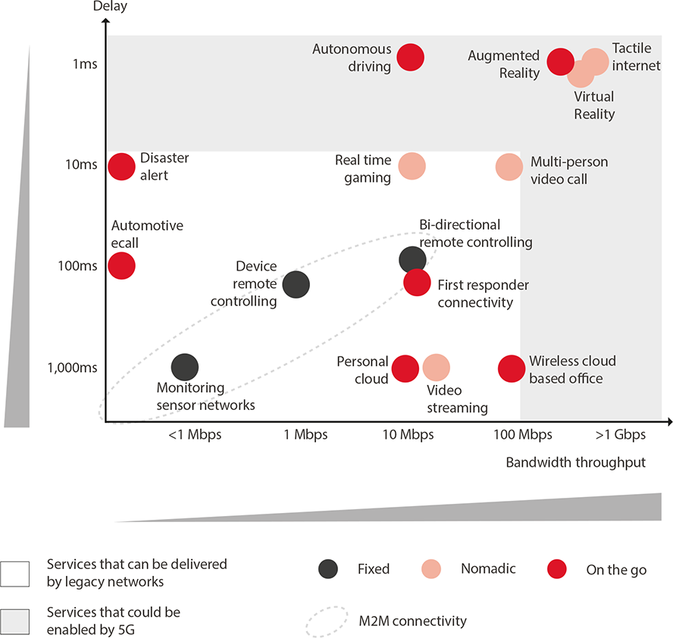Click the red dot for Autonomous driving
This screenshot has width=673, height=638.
pos(410,57)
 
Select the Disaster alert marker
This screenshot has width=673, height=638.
pos(121,166)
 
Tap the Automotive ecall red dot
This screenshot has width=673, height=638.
pos(121,265)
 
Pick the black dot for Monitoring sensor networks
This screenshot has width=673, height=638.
pos(185,367)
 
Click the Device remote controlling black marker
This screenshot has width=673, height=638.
pos(296,284)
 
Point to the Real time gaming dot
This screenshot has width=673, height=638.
pos(412,166)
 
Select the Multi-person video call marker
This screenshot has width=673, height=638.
pos(509,167)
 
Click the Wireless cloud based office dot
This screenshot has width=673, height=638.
pos(512,368)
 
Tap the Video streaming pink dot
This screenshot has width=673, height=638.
pos(436,367)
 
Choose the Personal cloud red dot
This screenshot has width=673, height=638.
pos(405,368)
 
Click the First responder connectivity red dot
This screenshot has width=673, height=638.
pos(418,282)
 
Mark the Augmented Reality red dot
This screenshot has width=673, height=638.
pos(560,61)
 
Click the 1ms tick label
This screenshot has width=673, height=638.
pos(85,64)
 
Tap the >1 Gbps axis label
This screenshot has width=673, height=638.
pos(620,435)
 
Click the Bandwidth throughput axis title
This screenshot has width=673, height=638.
pos(575,462)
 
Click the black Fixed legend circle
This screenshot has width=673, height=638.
pos(328,569)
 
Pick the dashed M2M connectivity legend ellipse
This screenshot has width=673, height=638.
pos(327,621)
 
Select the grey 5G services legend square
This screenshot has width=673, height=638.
pos(15,620)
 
